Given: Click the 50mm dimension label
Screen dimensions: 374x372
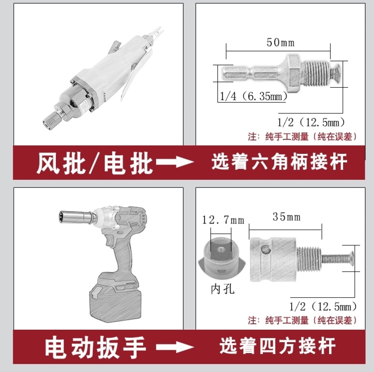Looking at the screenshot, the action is point(280,43).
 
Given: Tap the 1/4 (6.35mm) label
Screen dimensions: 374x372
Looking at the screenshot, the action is point(253,96).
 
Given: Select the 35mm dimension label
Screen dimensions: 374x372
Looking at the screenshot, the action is point(287,217).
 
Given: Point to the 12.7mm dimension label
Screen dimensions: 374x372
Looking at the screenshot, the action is point(223,220).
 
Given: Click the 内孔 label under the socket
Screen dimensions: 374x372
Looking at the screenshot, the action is point(222,289).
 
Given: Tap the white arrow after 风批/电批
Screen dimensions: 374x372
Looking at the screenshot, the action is point(175,162).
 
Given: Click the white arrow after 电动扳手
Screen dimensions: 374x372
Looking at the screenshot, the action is point(175,347).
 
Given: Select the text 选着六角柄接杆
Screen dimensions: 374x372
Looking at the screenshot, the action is point(279,162).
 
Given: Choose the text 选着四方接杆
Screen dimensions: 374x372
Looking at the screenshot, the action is point(278,346).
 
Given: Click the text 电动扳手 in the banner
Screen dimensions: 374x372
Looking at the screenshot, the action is point(95,347).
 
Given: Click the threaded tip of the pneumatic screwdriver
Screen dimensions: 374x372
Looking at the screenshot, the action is point(50,120).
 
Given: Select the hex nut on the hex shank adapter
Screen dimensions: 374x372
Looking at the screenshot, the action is point(293,73).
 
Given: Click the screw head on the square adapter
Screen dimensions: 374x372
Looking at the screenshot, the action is point(350,259).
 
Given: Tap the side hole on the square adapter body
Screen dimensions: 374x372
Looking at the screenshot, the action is point(266,250).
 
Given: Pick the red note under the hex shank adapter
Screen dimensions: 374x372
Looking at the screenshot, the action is point(303,136).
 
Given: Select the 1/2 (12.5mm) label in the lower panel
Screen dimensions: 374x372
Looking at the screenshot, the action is point(323,306).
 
